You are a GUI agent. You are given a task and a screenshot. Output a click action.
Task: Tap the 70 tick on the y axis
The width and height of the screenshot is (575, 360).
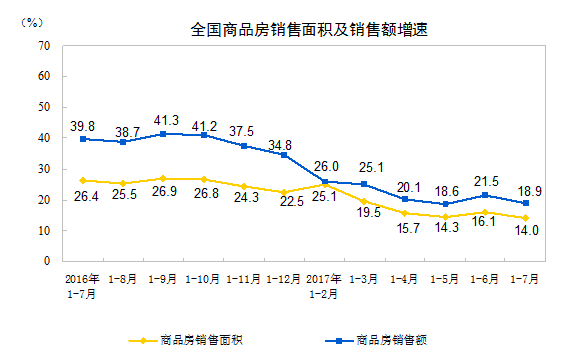[x=43, y=46]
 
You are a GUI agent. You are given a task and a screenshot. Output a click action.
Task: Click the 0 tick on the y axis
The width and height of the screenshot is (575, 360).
[x=46, y=261]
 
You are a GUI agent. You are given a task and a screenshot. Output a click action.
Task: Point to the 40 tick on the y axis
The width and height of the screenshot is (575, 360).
[x=43, y=138]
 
